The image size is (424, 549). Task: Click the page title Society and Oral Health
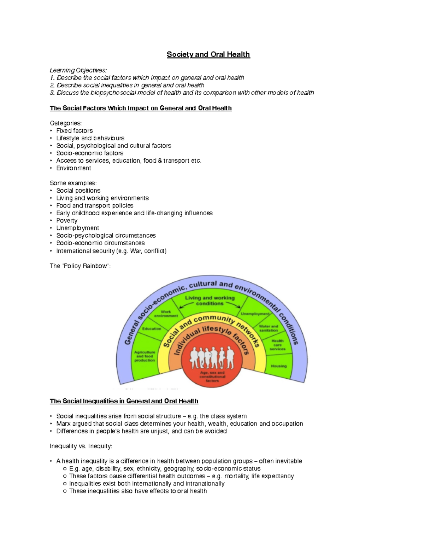(x=208, y=54)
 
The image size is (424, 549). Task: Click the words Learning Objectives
(x=78, y=70)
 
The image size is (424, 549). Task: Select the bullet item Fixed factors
(x=75, y=131)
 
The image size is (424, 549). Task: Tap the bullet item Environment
(x=73, y=168)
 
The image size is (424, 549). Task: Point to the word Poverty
(x=67, y=221)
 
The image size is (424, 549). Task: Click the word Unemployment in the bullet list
(x=77, y=228)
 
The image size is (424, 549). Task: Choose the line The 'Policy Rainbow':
(x=80, y=266)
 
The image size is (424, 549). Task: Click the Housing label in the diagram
(x=279, y=366)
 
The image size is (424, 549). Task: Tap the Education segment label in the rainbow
(x=152, y=329)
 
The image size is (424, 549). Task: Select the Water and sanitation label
(x=269, y=328)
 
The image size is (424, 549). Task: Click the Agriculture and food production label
(x=145, y=356)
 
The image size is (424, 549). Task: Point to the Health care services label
(x=277, y=345)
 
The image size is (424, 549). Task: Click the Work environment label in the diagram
(x=166, y=314)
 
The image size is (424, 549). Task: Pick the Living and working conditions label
(x=210, y=300)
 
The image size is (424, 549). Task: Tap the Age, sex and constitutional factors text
(x=212, y=376)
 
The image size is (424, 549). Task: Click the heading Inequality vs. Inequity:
(x=81, y=446)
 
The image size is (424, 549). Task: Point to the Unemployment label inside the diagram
(x=255, y=314)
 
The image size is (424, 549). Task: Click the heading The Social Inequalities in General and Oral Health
(x=124, y=401)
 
